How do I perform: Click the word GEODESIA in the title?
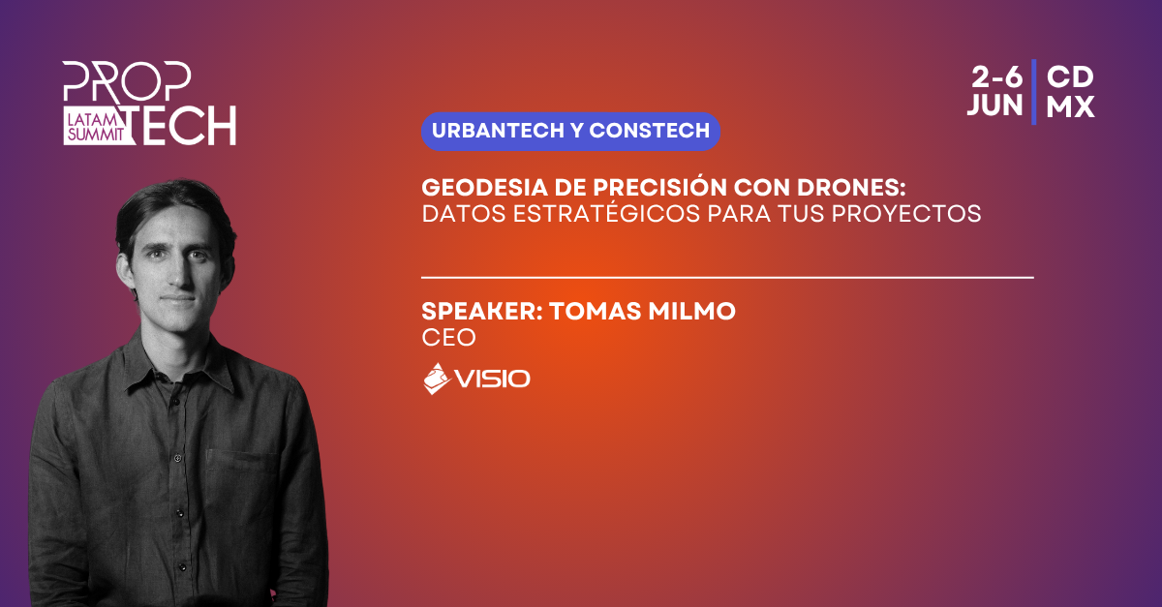point(484,187)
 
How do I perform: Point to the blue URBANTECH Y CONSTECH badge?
point(570,132)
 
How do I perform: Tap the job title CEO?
point(448,338)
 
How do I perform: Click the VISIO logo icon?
point(437,379)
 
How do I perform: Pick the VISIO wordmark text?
point(492,379)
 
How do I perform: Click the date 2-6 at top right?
point(996,77)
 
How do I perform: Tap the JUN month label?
point(995,106)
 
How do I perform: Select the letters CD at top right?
point(1070,77)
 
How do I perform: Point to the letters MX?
point(1070,106)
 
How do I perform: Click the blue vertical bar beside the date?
point(1034,92)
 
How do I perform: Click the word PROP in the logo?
point(127,81)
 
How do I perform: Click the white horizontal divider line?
point(727,278)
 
